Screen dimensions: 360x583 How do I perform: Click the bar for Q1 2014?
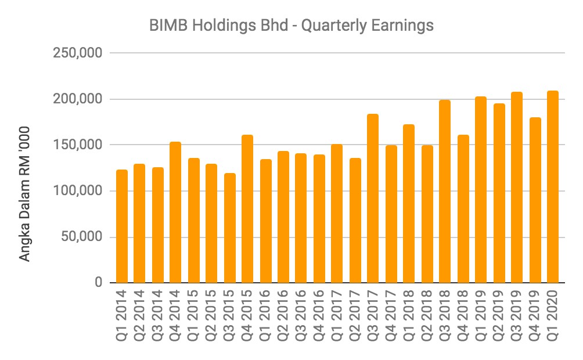pyautogui.click(x=122, y=226)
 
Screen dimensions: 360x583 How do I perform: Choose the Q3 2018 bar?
pyautogui.click(x=445, y=192)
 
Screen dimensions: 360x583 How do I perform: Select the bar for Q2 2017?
pyautogui.click(x=355, y=221)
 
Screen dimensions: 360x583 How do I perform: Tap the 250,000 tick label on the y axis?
pyautogui.click(x=78, y=53)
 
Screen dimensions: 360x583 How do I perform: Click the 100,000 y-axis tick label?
pyautogui.click(x=78, y=191)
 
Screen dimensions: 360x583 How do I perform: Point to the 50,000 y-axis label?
pyautogui.click(x=81, y=237)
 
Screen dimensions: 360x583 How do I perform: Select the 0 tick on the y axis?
pyautogui.click(x=99, y=283)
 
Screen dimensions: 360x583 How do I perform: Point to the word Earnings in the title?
pyautogui.click(x=408, y=26)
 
